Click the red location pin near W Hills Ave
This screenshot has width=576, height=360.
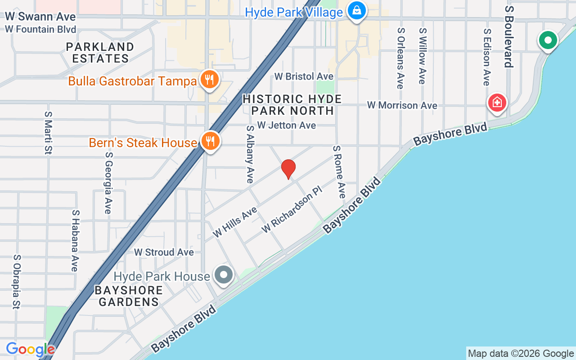[x=288, y=169]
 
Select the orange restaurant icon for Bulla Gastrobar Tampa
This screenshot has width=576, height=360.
[x=209, y=80]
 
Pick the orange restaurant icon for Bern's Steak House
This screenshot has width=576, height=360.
[x=210, y=141]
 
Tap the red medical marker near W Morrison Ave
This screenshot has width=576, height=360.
[x=497, y=103]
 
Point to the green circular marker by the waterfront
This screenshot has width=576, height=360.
[x=548, y=41]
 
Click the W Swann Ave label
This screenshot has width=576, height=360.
[x=40, y=17]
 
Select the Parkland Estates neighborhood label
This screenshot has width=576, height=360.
[x=100, y=53]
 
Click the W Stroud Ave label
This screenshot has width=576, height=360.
[x=164, y=252]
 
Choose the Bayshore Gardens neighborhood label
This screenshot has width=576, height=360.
[x=129, y=296]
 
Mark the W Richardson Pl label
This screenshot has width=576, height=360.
[x=292, y=210]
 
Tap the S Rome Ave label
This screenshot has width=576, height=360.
[x=339, y=171]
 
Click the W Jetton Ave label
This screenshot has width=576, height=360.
[x=287, y=125]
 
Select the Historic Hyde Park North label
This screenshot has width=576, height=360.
[x=292, y=104]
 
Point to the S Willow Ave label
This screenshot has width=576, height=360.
[x=422, y=56]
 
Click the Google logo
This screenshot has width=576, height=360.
[x=31, y=350]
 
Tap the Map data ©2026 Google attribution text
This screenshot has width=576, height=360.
[x=521, y=353]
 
